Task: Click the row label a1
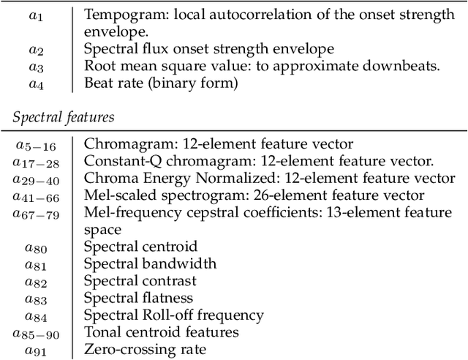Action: (x=35, y=15)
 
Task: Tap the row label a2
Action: (x=35, y=50)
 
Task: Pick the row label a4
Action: (x=35, y=84)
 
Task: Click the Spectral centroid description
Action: (x=140, y=247)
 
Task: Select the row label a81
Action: (x=35, y=264)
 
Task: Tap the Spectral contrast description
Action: (x=140, y=280)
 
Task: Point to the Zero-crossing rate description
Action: (x=145, y=349)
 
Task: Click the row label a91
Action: (x=35, y=350)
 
